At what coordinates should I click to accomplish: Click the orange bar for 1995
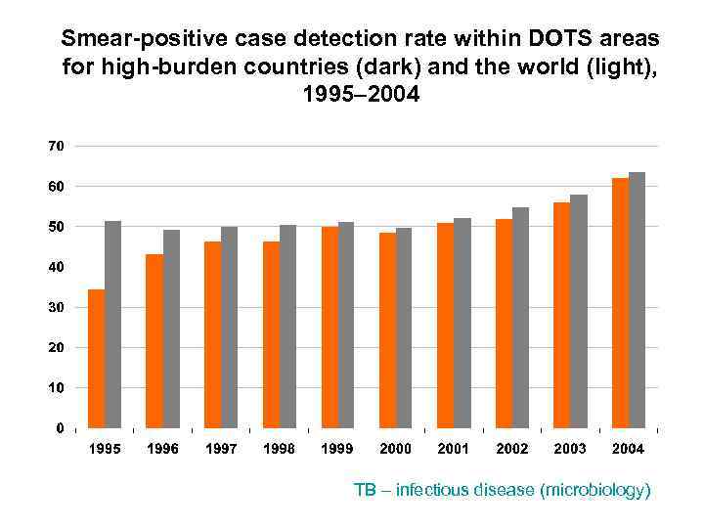96,359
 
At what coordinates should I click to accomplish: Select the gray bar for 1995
112,325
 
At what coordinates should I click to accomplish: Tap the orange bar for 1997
212,334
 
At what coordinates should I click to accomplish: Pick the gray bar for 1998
287,327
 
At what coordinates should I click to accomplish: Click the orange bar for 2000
387,330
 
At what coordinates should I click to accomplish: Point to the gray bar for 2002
520,318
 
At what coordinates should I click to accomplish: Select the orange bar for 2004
619,303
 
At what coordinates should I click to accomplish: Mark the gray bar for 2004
637,300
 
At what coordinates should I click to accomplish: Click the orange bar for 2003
561,315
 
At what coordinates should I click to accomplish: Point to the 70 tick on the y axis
56,146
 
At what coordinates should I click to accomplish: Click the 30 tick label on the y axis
56,307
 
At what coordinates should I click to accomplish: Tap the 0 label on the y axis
60,428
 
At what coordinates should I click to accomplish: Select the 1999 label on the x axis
337,449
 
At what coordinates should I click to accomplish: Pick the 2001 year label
453,449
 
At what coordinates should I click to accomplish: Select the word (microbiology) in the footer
594,490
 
